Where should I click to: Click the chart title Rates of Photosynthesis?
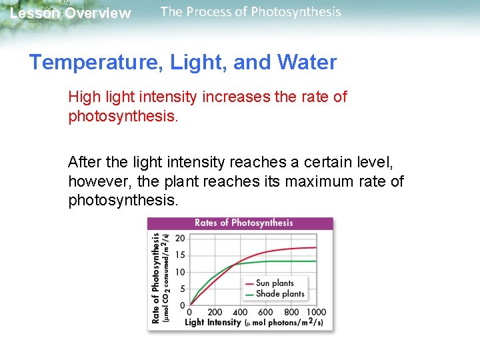(x=243, y=223)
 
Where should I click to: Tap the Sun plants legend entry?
(x=274, y=283)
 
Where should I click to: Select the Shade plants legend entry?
(x=279, y=293)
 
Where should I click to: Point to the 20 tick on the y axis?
(x=180, y=238)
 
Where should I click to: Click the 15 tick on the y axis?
(x=180, y=255)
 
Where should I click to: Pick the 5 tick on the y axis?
(x=181, y=289)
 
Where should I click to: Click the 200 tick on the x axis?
(x=215, y=312)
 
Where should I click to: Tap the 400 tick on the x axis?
(x=240, y=312)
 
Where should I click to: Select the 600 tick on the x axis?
(x=265, y=312)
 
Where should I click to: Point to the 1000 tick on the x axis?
(x=316, y=312)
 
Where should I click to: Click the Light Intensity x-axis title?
(x=213, y=323)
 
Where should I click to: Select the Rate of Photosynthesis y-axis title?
(x=156, y=277)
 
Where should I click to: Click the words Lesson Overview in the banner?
(x=71, y=13)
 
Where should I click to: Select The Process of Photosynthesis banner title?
(x=251, y=12)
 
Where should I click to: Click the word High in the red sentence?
(x=84, y=97)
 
